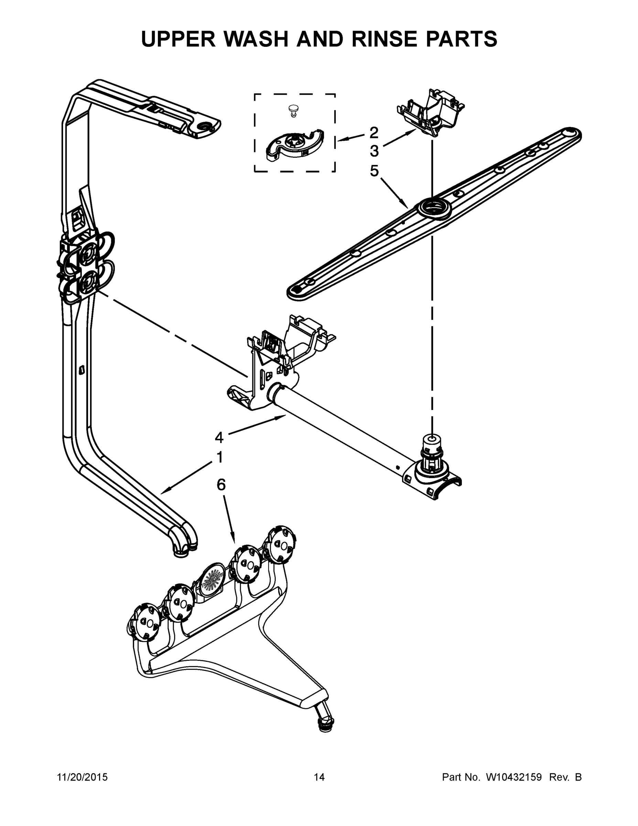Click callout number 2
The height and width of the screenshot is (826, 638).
(x=374, y=133)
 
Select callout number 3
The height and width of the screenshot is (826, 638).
(x=374, y=151)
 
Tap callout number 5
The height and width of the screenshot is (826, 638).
(x=374, y=171)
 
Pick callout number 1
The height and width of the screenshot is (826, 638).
(x=219, y=457)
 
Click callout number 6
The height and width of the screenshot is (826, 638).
(x=221, y=485)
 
